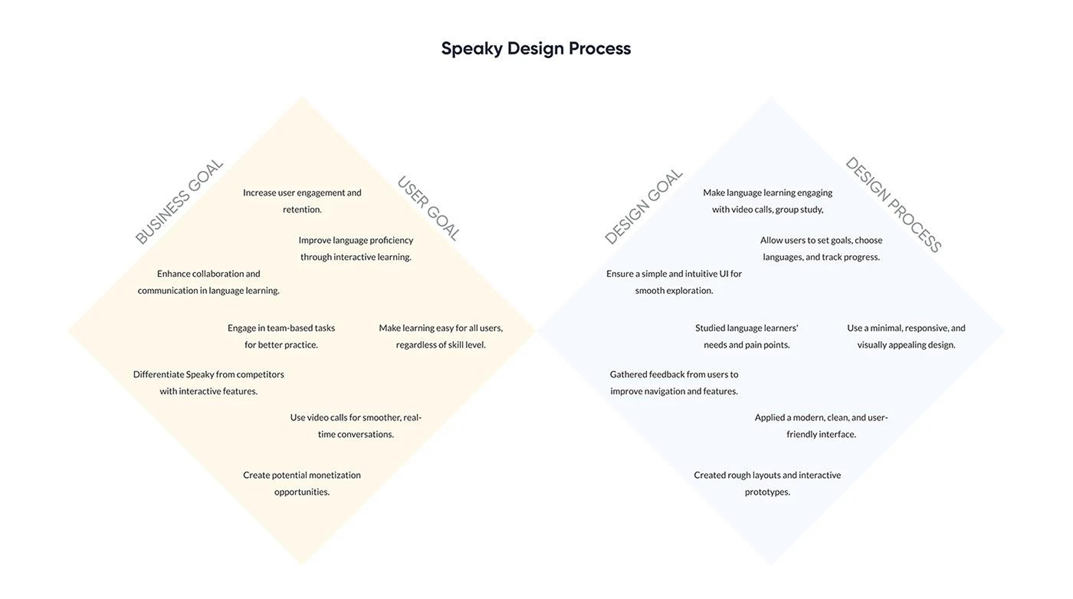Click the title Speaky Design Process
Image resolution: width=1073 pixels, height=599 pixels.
click(536, 48)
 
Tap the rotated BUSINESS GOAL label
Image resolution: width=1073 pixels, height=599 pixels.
click(179, 201)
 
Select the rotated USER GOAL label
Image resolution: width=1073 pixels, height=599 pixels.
click(429, 208)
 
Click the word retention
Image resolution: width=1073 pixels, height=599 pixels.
click(302, 210)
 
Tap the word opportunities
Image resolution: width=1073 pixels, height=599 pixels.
click(301, 492)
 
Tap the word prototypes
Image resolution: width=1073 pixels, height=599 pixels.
click(767, 492)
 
